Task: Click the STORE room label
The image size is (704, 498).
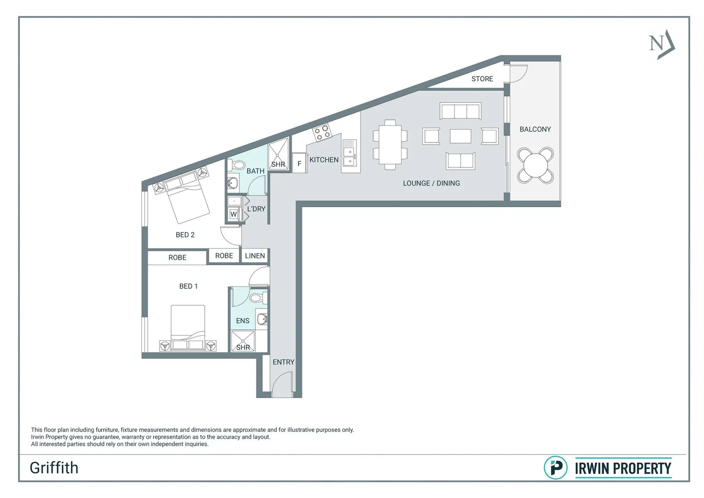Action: tap(482, 79)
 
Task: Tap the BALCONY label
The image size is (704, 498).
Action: tap(535, 129)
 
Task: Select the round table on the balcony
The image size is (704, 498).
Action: tap(535, 165)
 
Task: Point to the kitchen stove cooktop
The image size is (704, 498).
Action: tap(322, 133)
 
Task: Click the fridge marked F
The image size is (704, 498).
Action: tap(299, 164)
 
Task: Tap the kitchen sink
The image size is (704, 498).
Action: tap(349, 156)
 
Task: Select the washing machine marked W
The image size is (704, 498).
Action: tap(234, 214)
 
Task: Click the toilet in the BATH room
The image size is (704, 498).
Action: tap(237, 165)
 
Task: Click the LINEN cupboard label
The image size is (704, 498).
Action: tap(255, 256)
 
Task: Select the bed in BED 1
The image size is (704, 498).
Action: tap(188, 328)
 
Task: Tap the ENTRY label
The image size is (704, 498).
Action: tap(283, 362)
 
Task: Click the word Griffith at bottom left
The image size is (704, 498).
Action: tap(54, 468)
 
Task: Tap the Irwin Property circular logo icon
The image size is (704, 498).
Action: tap(556, 468)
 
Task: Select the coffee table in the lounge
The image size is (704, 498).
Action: tap(460, 136)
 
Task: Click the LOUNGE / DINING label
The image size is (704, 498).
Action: tap(431, 183)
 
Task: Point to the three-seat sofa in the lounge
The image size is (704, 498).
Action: tap(460, 112)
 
